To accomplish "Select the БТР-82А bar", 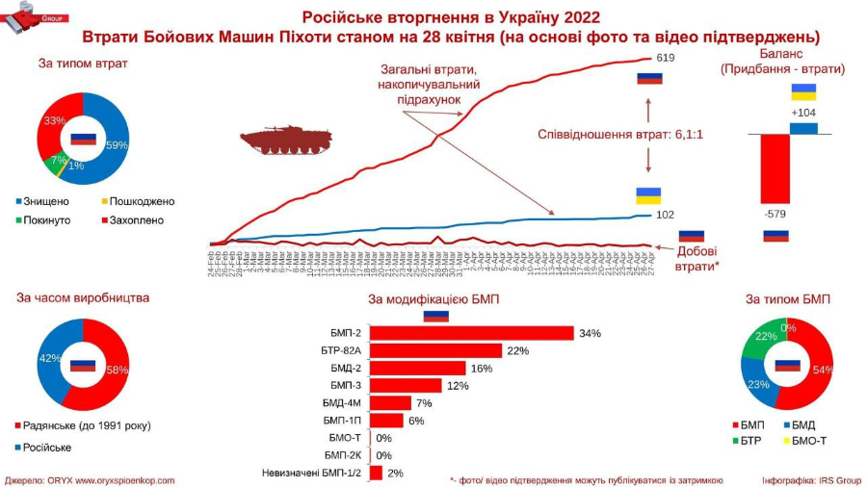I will tap(436, 350).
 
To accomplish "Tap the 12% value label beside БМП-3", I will tap(457, 386).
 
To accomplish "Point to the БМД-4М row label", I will tap(342, 403).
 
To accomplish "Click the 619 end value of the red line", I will tap(665, 59).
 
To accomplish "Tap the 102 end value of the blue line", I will tap(664, 215).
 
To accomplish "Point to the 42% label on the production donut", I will tap(46, 359).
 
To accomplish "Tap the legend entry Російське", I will tap(45, 447).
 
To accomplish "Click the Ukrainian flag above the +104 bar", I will tap(803, 91).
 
